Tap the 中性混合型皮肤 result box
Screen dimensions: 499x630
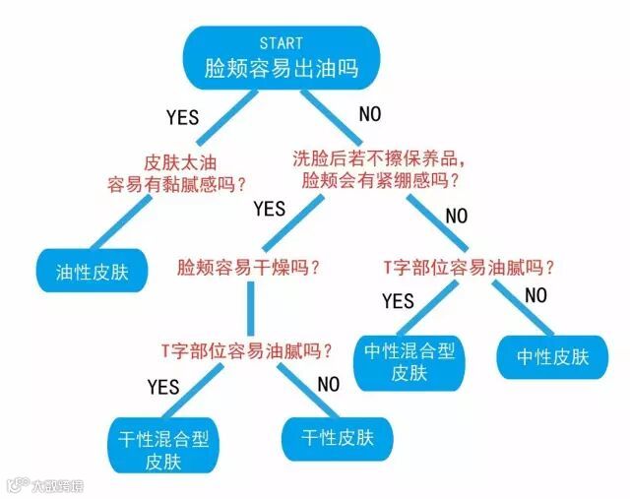click(409, 361)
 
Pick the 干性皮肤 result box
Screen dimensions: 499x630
click(329, 437)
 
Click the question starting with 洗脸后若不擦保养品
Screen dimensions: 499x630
click(379, 168)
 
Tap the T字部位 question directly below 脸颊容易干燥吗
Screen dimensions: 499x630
click(246, 349)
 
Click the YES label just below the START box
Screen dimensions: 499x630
click(182, 117)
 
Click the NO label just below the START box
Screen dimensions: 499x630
click(369, 114)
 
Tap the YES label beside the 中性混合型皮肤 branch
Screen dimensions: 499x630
click(398, 300)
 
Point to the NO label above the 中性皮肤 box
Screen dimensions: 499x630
click(535, 295)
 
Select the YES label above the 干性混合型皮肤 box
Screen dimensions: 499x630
click(163, 386)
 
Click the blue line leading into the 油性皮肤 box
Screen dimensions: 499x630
click(129, 221)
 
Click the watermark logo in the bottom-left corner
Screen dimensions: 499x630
click(16, 484)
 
